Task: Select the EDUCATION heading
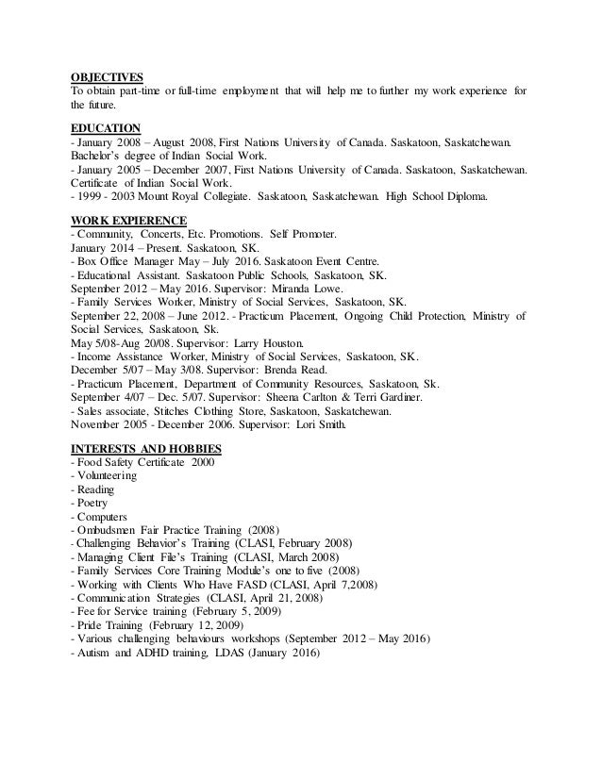(107, 127)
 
